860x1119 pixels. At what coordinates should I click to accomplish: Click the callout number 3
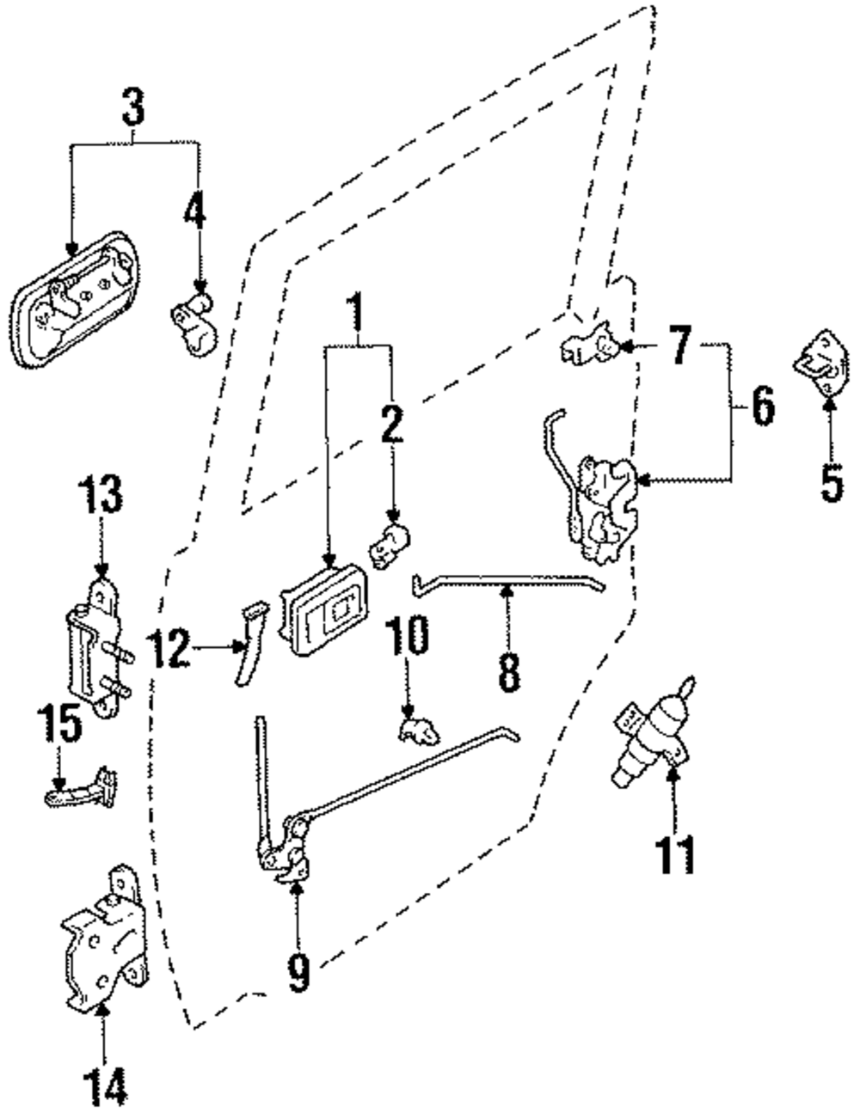click(133, 111)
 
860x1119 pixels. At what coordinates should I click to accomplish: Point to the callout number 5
click(831, 484)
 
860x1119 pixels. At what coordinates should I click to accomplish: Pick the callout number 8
click(508, 671)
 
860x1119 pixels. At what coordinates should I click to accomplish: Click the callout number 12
click(169, 649)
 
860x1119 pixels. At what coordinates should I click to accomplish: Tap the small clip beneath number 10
click(416, 731)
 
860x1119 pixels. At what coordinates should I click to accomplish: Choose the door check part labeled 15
click(83, 786)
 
